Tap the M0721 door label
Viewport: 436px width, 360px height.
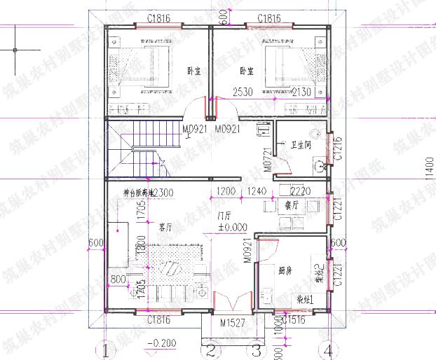[267, 160]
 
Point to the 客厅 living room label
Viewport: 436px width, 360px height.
[165, 228]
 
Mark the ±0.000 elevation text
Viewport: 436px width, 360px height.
[231, 227]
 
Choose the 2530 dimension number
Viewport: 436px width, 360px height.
[243, 92]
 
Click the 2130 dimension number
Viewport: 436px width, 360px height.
[302, 92]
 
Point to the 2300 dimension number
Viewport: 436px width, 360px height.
[163, 193]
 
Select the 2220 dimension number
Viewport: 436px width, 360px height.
[300, 191]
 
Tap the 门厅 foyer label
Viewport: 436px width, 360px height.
[225, 215]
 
